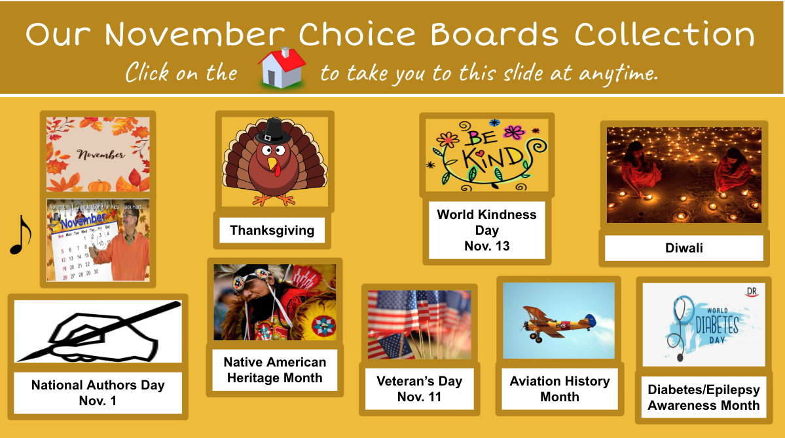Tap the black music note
coord(20,235)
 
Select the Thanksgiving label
coord(272,230)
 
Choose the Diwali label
coord(684,248)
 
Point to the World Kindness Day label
coord(486,230)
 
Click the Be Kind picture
coord(486,155)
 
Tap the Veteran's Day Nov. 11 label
coord(419,389)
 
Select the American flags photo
coord(419,325)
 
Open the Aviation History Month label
coord(559,389)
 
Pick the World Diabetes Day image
coord(703,325)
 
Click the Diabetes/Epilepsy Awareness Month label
coord(703,397)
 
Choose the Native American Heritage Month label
coord(274,370)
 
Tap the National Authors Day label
coord(98,393)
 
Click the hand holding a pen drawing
coord(98,331)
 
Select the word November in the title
coord(194,35)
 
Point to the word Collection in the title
coord(665,35)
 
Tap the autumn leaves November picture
coord(98,155)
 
